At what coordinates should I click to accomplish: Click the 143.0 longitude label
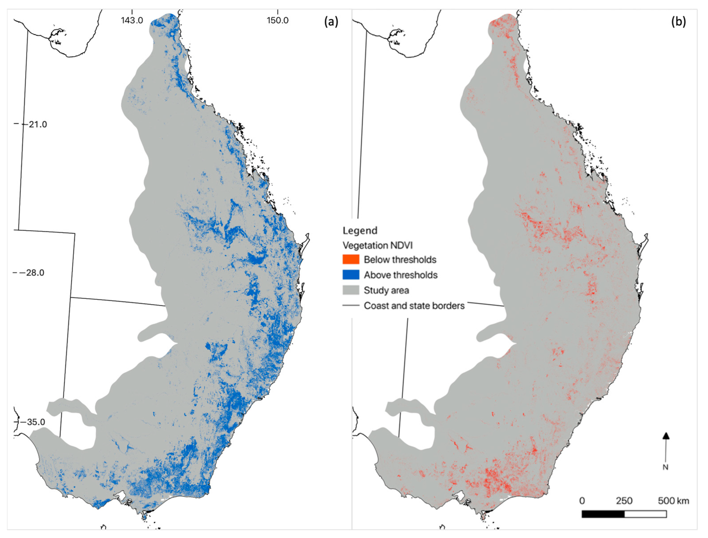(x=132, y=20)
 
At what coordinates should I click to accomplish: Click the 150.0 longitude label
(x=277, y=20)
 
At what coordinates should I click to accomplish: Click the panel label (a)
(x=331, y=22)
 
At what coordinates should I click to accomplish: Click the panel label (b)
(x=679, y=22)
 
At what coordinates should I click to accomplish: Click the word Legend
(x=360, y=230)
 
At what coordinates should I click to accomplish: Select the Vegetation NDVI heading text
(x=377, y=245)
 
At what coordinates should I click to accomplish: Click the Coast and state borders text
(x=414, y=306)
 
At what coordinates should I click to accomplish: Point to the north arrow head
(x=666, y=436)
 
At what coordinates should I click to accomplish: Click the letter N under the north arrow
(x=666, y=467)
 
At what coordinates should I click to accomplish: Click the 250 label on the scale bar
(x=624, y=501)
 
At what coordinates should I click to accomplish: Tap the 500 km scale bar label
(x=673, y=501)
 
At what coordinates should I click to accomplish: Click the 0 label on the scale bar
(x=582, y=501)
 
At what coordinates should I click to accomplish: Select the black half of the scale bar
(x=603, y=514)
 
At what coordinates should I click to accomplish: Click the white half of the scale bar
(x=645, y=514)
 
